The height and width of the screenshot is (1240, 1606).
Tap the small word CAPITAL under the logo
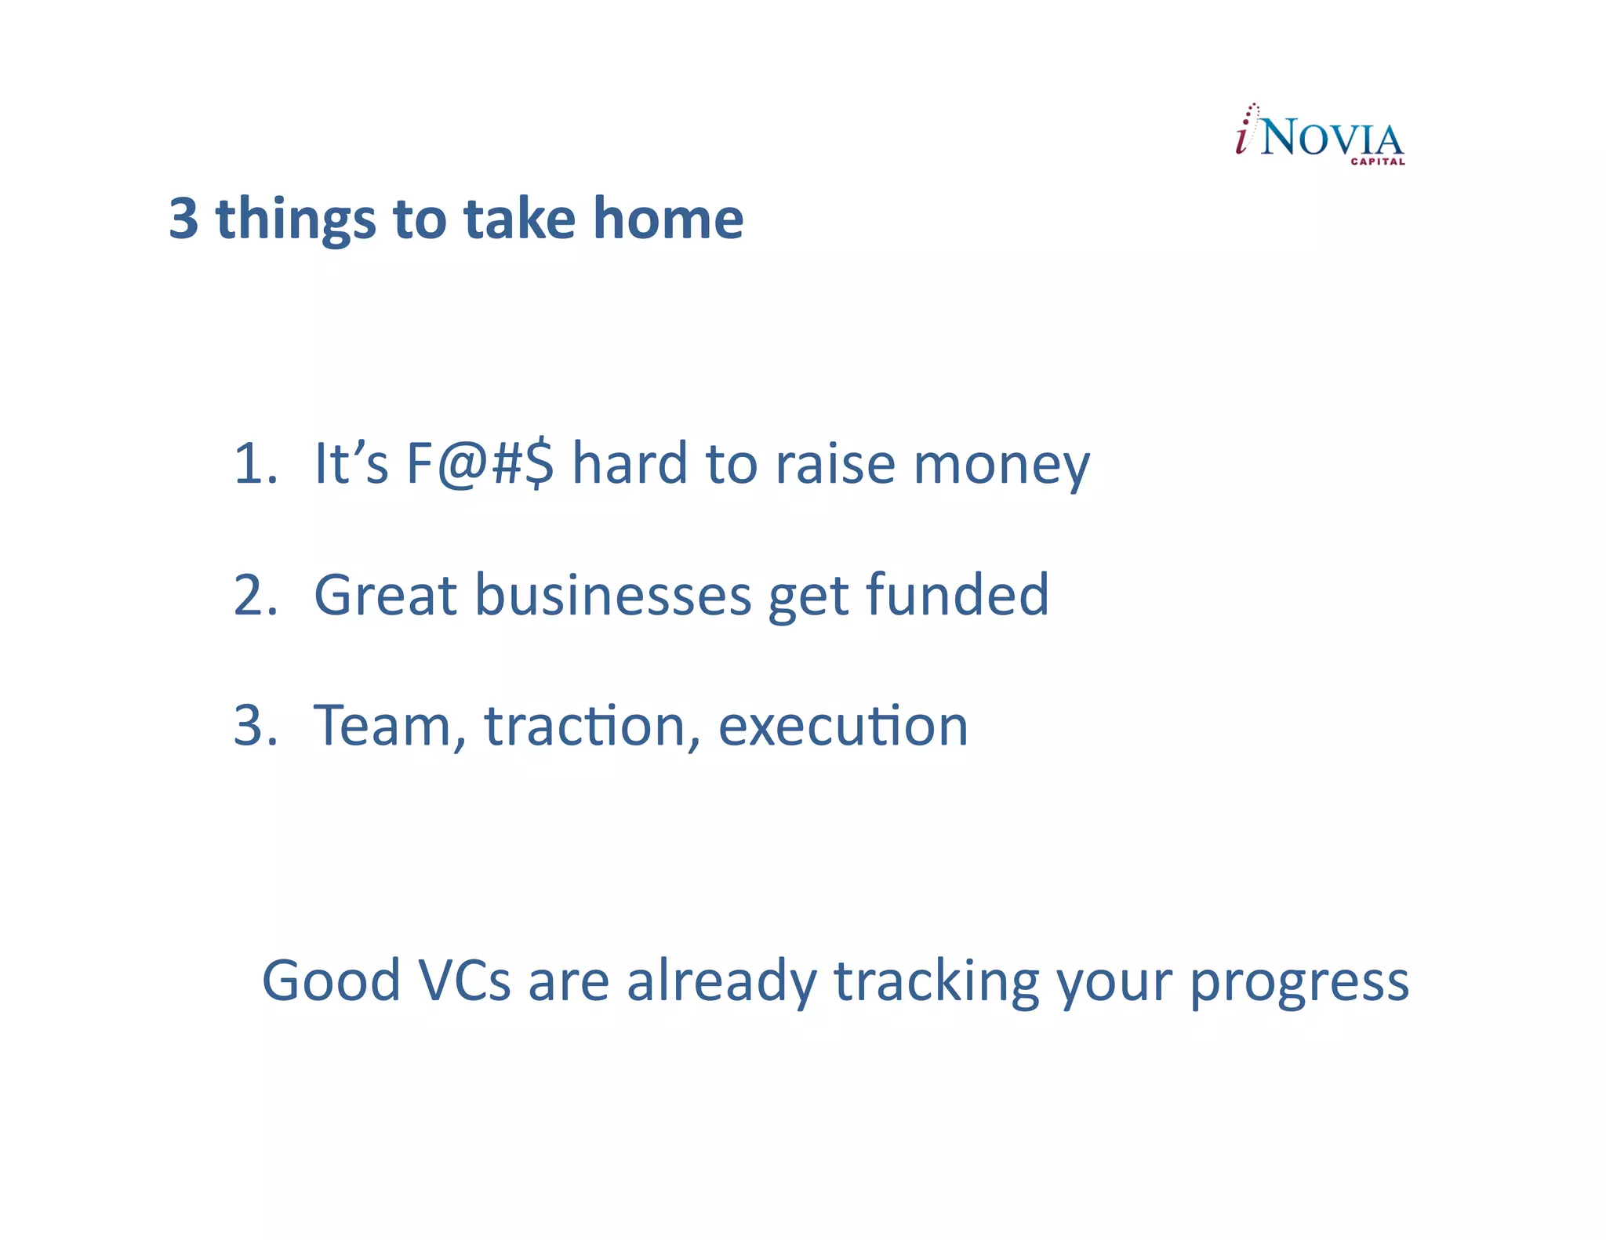(x=1377, y=162)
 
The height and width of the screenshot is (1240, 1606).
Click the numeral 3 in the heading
(x=183, y=219)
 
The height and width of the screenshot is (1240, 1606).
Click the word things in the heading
(x=296, y=219)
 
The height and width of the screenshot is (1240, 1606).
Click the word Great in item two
(x=385, y=595)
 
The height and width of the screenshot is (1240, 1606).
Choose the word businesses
(x=613, y=595)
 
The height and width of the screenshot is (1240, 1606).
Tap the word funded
(x=957, y=595)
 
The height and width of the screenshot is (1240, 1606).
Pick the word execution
(x=843, y=726)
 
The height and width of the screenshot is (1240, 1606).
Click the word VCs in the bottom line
(x=464, y=981)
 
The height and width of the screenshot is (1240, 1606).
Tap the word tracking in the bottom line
(x=936, y=982)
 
